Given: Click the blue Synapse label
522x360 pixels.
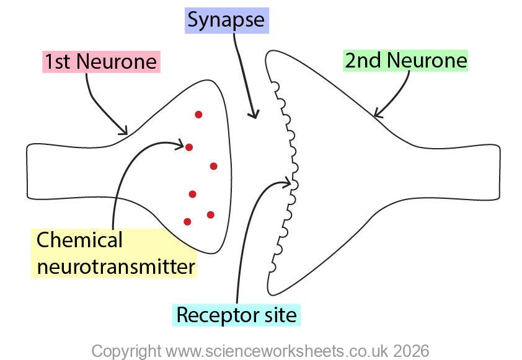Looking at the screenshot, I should tap(226, 20).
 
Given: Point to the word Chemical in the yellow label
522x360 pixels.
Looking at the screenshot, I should tap(79, 240).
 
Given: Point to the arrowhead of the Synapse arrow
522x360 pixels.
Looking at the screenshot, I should tap(254, 115).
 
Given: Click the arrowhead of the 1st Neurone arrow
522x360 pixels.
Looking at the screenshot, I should tap(125, 131).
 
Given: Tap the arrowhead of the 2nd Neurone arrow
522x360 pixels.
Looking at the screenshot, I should tap(376, 114).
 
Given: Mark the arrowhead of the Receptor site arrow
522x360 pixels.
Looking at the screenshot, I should tap(288, 182).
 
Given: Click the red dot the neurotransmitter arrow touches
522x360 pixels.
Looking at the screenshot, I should tap(189, 147).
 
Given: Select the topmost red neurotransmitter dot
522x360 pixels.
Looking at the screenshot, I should tap(198, 114).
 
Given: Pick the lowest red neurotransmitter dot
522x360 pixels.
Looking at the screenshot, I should tap(187, 221).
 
